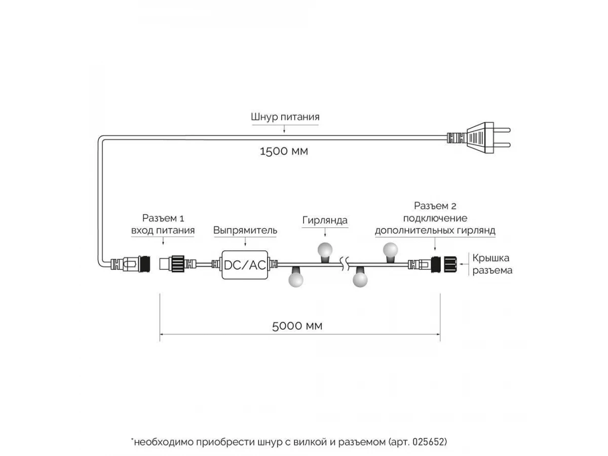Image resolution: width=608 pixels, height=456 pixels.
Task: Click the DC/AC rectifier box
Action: pos(245,265)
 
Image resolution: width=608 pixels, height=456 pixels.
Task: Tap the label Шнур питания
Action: pos(285,117)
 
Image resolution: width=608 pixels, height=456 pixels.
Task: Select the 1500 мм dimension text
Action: pos(284,151)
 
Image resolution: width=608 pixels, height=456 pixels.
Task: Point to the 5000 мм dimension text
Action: pos(297,326)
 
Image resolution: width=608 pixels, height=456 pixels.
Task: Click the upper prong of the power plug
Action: pos(502,130)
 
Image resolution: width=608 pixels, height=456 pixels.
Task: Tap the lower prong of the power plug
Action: pos(502,145)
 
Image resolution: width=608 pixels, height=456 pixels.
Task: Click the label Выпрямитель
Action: pos(245,231)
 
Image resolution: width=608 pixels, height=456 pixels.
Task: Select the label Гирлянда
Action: pos(325,220)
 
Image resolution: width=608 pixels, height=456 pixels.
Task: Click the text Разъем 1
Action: pos(163,218)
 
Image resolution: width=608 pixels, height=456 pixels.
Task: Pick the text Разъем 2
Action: pos(435,206)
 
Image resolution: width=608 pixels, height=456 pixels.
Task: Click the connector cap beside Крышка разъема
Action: pos(450,264)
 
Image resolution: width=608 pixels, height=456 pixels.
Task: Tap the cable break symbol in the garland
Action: pos(345,263)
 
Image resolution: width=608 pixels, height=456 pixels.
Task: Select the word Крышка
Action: pos(490,258)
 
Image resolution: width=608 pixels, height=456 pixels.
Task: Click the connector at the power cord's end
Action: pos(130,264)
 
